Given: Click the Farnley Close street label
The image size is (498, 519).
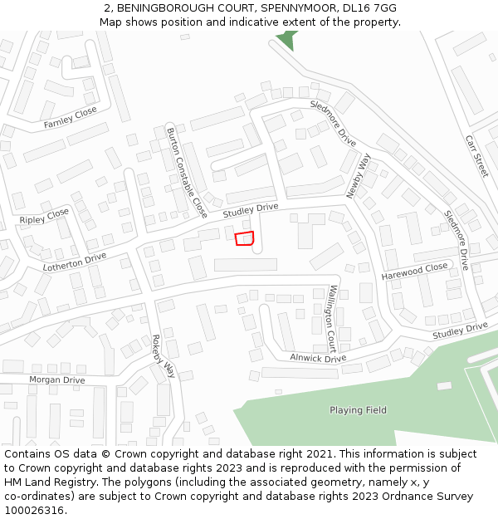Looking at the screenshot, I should (71, 118).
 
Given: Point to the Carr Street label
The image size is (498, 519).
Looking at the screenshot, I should (476, 156).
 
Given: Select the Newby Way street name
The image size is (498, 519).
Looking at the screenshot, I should (359, 175).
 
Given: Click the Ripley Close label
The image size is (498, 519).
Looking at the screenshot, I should (44, 217).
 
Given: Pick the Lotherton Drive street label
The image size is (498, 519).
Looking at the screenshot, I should (75, 262).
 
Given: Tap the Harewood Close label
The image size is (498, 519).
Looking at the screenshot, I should (414, 272).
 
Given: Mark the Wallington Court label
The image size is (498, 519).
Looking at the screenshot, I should (332, 318).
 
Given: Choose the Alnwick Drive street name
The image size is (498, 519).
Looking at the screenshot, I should (318, 358).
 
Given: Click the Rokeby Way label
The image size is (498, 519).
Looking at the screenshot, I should (164, 355).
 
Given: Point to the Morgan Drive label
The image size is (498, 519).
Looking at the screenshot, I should (57, 379).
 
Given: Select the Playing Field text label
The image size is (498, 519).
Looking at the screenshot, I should (358, 410).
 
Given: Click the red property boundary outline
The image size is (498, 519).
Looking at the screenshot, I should (244, 239).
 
